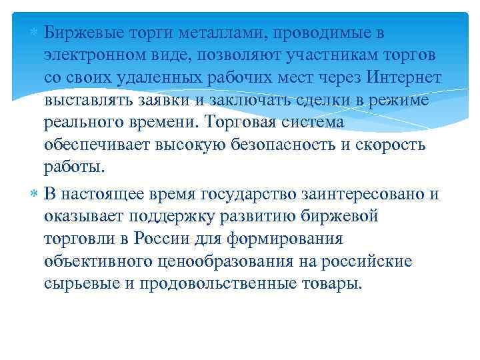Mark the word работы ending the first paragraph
[x=74, y=168]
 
